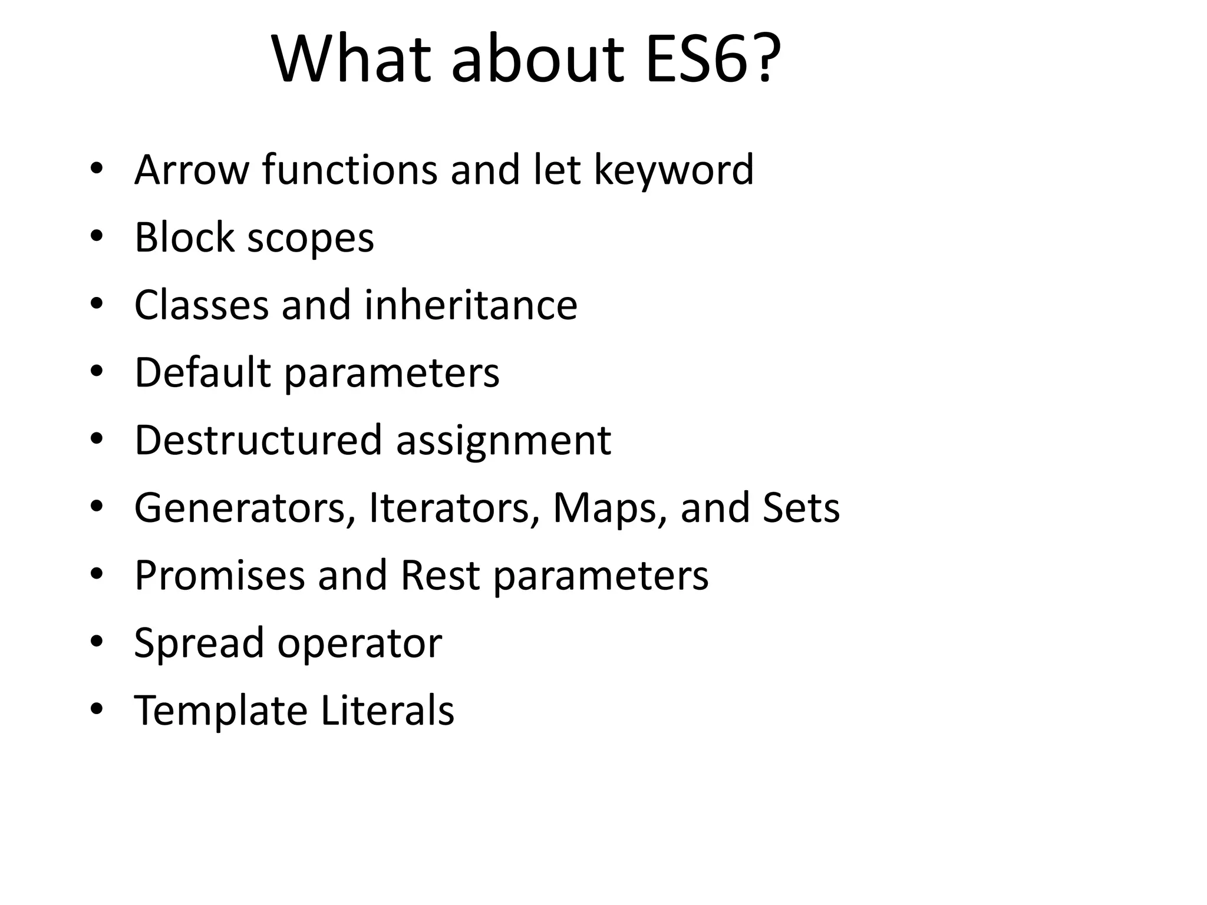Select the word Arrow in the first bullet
192,170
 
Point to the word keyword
674,170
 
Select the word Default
203,373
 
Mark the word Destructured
259,440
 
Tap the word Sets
801,508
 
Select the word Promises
220,576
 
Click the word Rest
440,576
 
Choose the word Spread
199,644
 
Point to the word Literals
388,711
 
